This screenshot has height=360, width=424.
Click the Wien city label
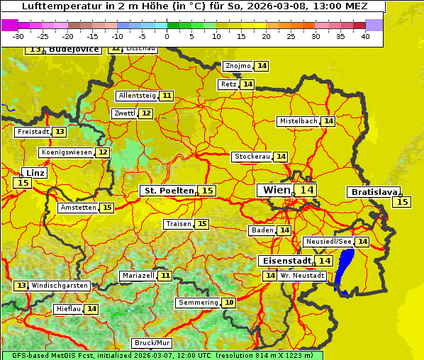pyautogui.click(x=277, y=190)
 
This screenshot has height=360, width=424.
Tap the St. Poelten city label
pyautogui.click(x=169, y=191)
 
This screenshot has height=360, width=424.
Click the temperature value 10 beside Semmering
pyautogui.click(x=228, y=303)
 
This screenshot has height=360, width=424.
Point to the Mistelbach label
pyautogui.click(x=298, y=121)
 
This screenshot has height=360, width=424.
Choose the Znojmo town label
pyautogui.click(x=238, y=66)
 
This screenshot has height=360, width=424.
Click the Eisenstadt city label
pyautogui.click(x=284, y=261)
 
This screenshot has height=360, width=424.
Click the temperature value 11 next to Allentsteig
pyautogui.click(x=167, y=96)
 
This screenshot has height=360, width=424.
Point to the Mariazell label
pyautogui.click(x=138, y=275)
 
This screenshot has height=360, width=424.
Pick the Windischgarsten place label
pyautogui.click(x=60, y=285)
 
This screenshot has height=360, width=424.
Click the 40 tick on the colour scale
pyautogui.click(x=365, y=36)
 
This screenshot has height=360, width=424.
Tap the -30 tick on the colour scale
pyautogui.click(x=18, y=36)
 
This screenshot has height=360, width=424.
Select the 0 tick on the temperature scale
pyautogui.click(x=167, y=36)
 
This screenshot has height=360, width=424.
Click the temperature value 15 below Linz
pyautogui.click(x=22, y=183)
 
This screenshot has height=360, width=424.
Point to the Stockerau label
pyautogui.click(x=252, y=157)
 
